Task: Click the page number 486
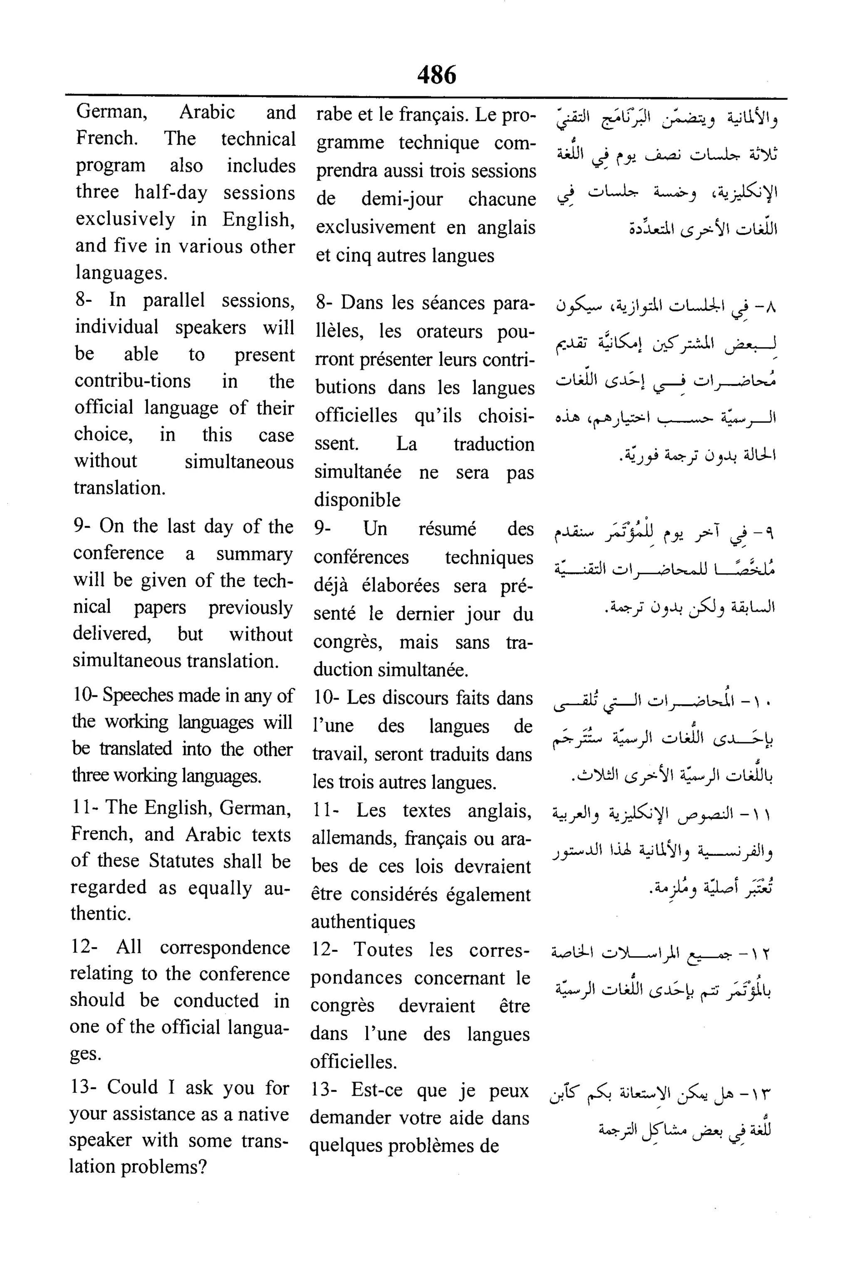(436, 74)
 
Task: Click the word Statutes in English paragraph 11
(181, 861)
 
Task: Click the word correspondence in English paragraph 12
(224, 947)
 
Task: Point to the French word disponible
(357, 500)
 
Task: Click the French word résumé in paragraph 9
(447, 529)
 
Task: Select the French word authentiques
(363, 922)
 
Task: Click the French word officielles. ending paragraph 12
(353, 1061)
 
